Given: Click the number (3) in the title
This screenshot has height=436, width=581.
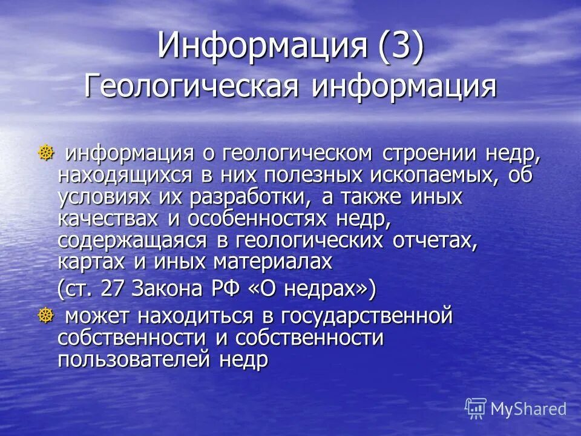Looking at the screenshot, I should click(401, 46).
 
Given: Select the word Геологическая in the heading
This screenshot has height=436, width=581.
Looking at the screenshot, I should click(191, 86).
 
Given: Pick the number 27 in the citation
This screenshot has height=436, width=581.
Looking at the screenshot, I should click(111, 289).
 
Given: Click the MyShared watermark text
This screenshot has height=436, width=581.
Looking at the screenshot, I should click(528, 409).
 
